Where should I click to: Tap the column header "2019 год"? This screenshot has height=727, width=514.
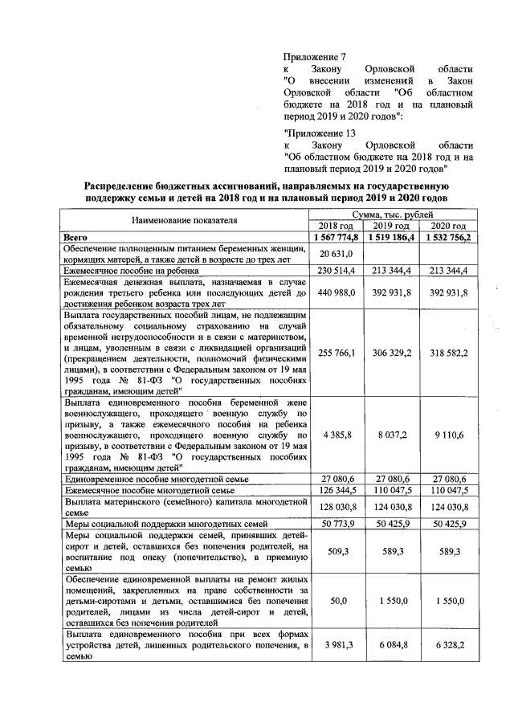[x=391, y=227]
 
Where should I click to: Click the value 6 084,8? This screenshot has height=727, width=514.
[x=391, y=647]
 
